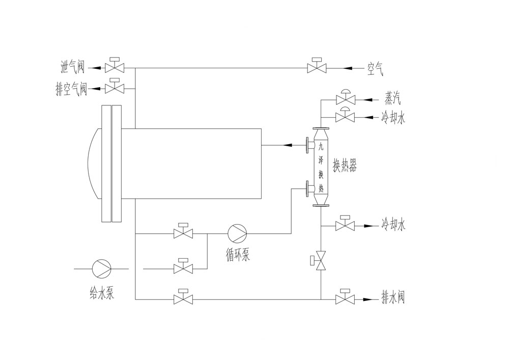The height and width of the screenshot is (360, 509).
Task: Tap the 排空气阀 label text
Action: click(71, 89)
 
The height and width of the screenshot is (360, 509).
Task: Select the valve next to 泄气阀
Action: click(115, 67)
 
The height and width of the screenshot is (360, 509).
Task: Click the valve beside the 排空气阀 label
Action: click(115, 89)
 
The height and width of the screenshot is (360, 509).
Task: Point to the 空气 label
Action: click(375, 67)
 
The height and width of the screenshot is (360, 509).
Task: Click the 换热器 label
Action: click(345, 165)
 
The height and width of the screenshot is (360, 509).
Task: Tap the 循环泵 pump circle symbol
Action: click(237, 234)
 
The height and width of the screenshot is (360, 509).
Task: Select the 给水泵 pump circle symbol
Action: click(101, 268)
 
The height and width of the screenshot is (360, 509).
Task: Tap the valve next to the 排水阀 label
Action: click(345, 299)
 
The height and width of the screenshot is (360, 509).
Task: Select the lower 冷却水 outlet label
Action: click(393, 224)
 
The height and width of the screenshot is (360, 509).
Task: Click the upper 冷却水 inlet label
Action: click(393, 118)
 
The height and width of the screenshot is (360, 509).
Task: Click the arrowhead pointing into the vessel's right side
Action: click(288, 145)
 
